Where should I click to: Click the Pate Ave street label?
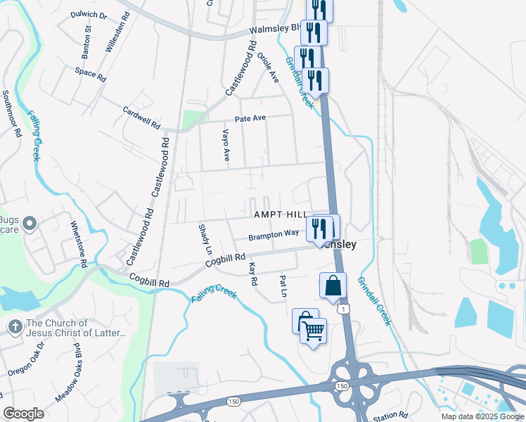click(x=250, y=119)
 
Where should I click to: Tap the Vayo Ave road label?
click(x=226, y=145)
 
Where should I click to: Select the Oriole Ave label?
click(x=269, y=65)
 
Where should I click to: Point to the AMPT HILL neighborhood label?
click(x=281, y=213)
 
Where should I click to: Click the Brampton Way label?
click(x=274, y=234)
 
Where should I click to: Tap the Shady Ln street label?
click(x=205, y=239)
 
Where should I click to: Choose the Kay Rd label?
click(x=253, y=274)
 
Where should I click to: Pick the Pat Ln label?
click(x=284, y=285)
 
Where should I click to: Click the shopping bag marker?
click(x=333, y=286)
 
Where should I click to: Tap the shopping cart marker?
click(x=313, y=329)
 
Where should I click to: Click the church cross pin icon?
click(x=15, y=327)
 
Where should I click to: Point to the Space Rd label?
click(x=90, y=75)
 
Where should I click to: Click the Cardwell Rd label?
click(x=141, y=116)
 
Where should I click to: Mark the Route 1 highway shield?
click(x=342, y=309)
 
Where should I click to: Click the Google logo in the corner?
click(x=24, y=414)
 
